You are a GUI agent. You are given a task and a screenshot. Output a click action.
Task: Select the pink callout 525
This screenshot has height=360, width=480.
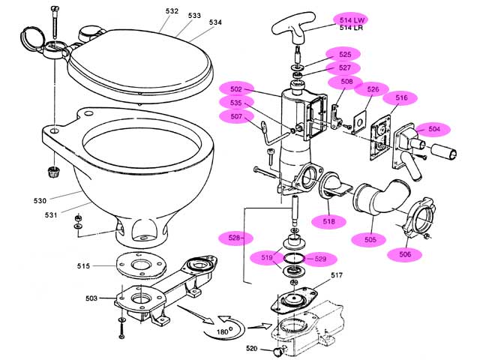(345, 54)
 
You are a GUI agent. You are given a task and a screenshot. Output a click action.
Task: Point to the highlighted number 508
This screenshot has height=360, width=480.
(347, 81)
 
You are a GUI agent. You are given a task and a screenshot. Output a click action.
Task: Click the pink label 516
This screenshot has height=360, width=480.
(401, 97)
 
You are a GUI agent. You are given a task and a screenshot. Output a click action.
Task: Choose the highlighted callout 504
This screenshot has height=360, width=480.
(433, 129)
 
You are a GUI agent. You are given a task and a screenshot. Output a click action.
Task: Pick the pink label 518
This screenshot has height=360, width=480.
(329, 221)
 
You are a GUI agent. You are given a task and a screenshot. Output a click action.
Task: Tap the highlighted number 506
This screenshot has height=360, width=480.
(405, 254)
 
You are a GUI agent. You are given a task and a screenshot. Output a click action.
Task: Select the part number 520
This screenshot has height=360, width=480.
(252, 349)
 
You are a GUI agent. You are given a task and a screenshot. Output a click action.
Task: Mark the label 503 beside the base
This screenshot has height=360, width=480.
(91, 298)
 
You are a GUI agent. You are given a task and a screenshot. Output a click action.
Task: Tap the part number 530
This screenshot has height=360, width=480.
(40, 200)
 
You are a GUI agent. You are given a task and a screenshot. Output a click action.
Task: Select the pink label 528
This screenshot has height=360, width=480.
(235, 238)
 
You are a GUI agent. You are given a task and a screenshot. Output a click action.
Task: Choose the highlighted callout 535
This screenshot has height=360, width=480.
(235, 103)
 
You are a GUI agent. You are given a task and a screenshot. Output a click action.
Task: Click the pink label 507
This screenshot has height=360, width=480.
(235, 116)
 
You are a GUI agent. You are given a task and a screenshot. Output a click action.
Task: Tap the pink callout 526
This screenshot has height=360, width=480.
(372, 89)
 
